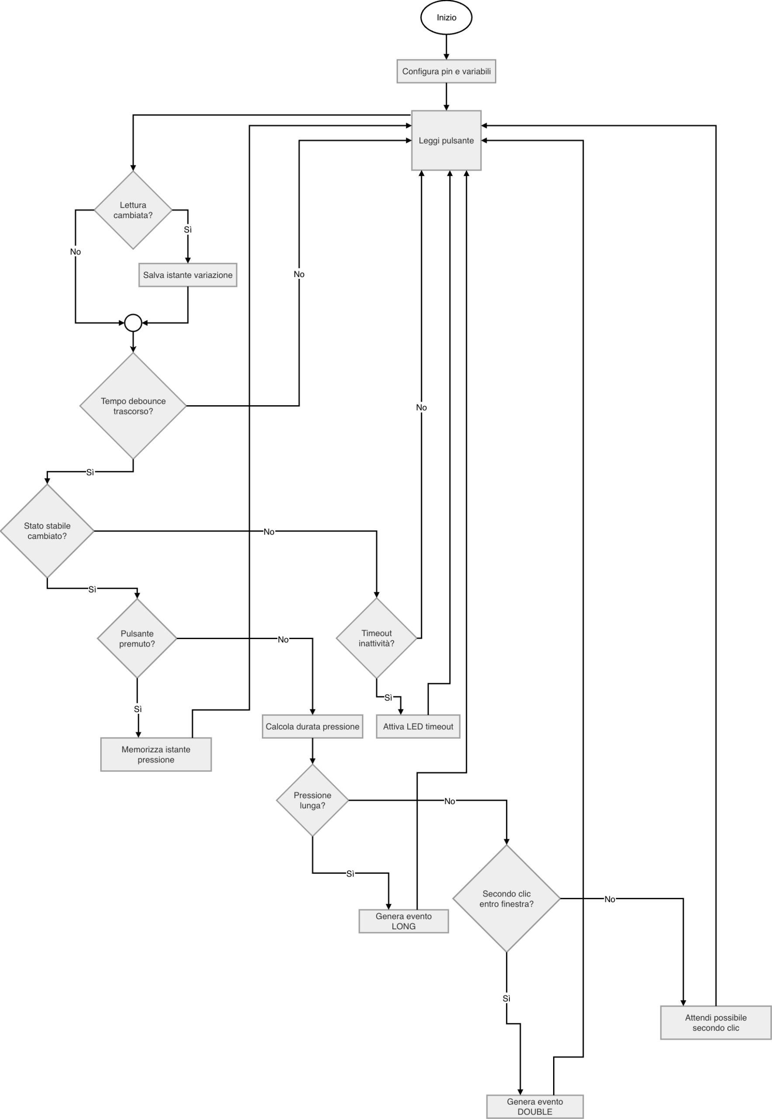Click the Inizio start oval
click(446, 17)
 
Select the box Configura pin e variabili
click(446, 71)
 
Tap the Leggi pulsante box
click(446, 140)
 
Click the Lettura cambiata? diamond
click(133, 210)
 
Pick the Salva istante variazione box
click(188, 275)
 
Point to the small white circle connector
click(133, 323)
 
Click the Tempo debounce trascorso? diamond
click(133, 406)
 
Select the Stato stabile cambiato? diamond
click(47, 531)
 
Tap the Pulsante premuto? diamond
click(137, 638)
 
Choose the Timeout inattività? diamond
click(376, 638)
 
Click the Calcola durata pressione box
click(312, 726)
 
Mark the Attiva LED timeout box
click(418, 726)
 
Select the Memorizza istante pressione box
click(156, 754)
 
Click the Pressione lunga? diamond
click(312, 800)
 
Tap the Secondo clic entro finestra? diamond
click(506, 899)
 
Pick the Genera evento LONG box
click(403, 921)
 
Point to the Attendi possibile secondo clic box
click(715, 1023)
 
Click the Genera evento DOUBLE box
click(534, 1106)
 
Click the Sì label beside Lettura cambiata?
click(188, 229)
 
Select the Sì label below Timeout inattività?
click(388, 698)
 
